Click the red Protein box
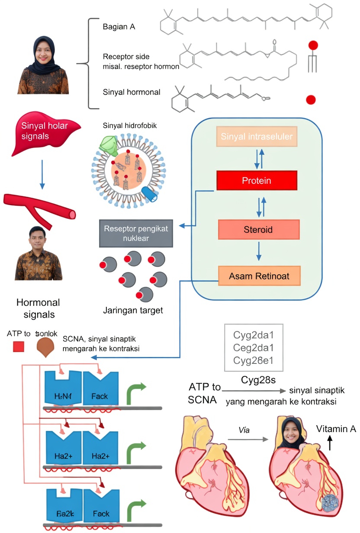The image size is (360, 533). click(x=257, y=180)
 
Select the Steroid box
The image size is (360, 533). click(x=259, y=229)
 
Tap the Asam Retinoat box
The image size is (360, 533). click(x=259, y=276)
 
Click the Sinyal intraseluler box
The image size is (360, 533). click(x=257, y=137)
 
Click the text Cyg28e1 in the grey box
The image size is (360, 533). click(x=253, y=360)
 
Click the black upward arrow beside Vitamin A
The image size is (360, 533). click(x=330, y=443)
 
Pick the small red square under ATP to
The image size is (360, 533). click(x=19, y=347)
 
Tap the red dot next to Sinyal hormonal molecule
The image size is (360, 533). click(x=311, y=100)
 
